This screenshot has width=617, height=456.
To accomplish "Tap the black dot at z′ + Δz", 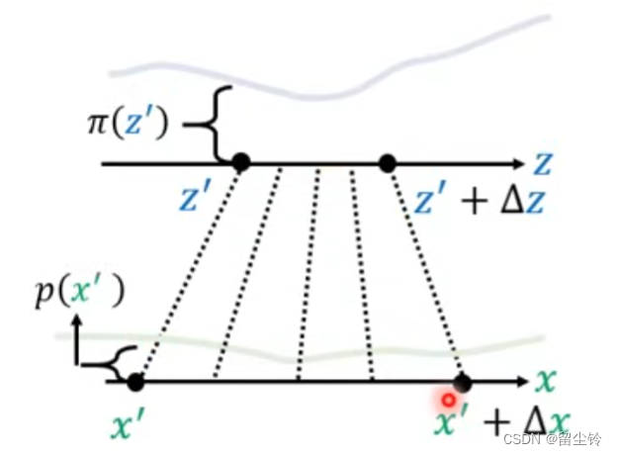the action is pyautogui.click(x=388, y=163).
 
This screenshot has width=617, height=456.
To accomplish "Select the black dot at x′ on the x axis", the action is pyautogui.click(x=135, y=381).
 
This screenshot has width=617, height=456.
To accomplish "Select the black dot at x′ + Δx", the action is pyautogui.click(x=462, y=382).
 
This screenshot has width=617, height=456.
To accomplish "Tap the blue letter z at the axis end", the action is pyautogui.click(x=543, y=161).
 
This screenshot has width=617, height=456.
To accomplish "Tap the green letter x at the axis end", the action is pyautogui.click(x=545, y=380).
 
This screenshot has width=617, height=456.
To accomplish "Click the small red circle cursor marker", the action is pyautogui.click(x=448, y=401).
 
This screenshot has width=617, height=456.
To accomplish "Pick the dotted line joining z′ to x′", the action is pyautogui.click(x=188, y=272).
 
